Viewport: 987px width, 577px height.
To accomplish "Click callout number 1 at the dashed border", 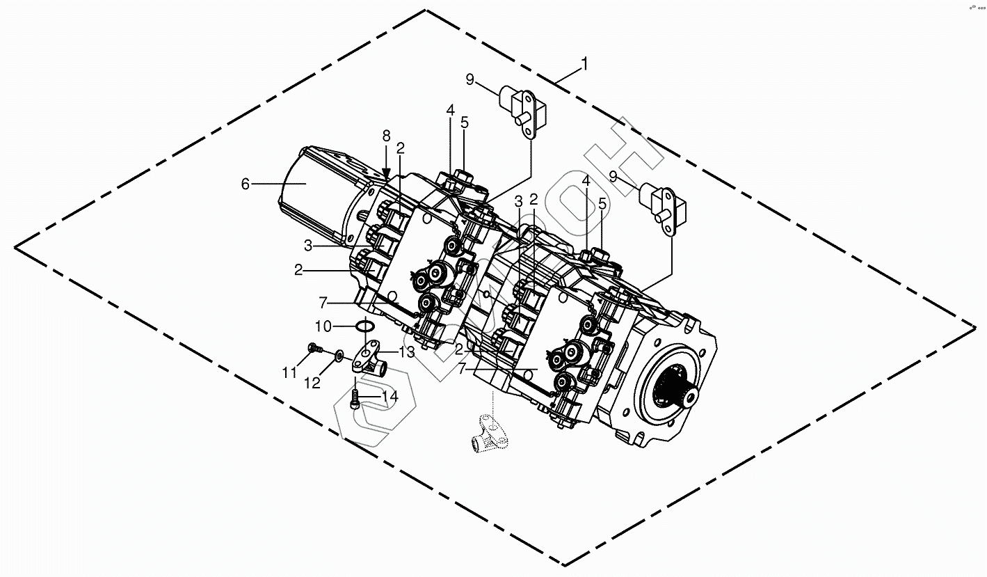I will tap(584, 64).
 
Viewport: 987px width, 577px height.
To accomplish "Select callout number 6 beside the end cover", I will tap(245, 184).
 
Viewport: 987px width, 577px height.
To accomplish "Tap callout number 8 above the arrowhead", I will tap(386, 136).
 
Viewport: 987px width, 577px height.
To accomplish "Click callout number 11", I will tap(289, 373).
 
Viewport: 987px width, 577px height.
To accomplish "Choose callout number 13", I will tap(406, 352).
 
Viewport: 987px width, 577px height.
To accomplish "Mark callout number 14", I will tap(389, 397).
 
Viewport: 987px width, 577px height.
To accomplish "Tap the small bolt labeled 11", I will tap(312, 347).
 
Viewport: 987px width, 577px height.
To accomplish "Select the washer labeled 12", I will tap(337, 356).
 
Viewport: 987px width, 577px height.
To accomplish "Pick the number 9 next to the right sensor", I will tap(613, 177).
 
